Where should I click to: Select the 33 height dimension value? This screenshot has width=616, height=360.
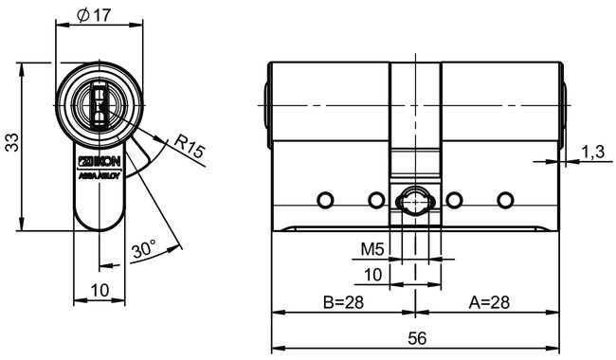12,143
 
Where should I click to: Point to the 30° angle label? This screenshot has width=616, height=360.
144,250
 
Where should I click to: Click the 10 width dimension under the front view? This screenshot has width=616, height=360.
99,289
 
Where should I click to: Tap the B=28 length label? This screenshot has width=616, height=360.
342,303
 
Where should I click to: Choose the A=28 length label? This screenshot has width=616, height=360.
490,303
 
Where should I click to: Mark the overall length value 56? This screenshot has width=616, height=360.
416,338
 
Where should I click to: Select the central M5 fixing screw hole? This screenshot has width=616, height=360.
414,201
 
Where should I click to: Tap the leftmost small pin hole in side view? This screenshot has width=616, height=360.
325,200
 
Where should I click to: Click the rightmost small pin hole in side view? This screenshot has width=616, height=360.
504,200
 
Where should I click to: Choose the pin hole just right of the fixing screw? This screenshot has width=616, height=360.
454,200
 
